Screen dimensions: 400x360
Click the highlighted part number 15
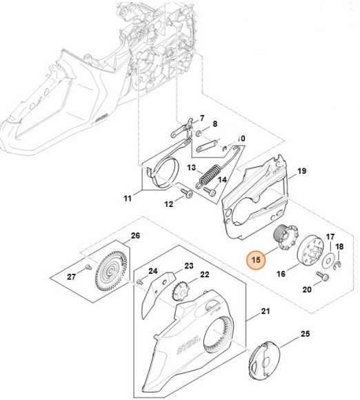tap(257, 260)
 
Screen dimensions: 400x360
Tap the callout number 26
tap(135, 236)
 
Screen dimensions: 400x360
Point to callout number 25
tap(305, 334)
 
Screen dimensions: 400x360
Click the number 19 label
tap(301, 170)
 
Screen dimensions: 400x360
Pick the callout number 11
tap(128, 199)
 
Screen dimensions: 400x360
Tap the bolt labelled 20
tap(321, 277)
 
